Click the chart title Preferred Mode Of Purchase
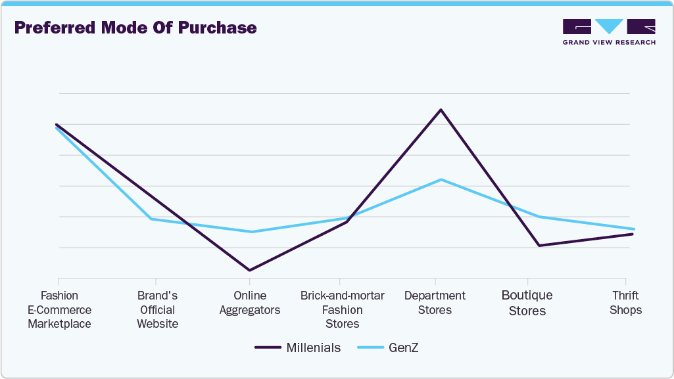(135, 28)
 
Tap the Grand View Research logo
(609, 32)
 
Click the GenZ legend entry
(387, 347)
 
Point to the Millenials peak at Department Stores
(441, 110)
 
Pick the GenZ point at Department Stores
(441, 179)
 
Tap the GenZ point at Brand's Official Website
(152, 219)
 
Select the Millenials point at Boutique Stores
(539, 246)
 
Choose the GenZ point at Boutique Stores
(539, 217)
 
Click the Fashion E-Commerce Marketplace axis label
(59, 309)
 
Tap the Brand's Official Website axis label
(157, 309)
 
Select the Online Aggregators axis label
(250, 303)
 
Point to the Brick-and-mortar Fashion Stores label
(343, 309)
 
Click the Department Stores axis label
(435, 303)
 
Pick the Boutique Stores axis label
(527, 303)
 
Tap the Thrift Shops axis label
(625, 303)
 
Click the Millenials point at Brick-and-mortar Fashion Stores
(347, 222)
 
